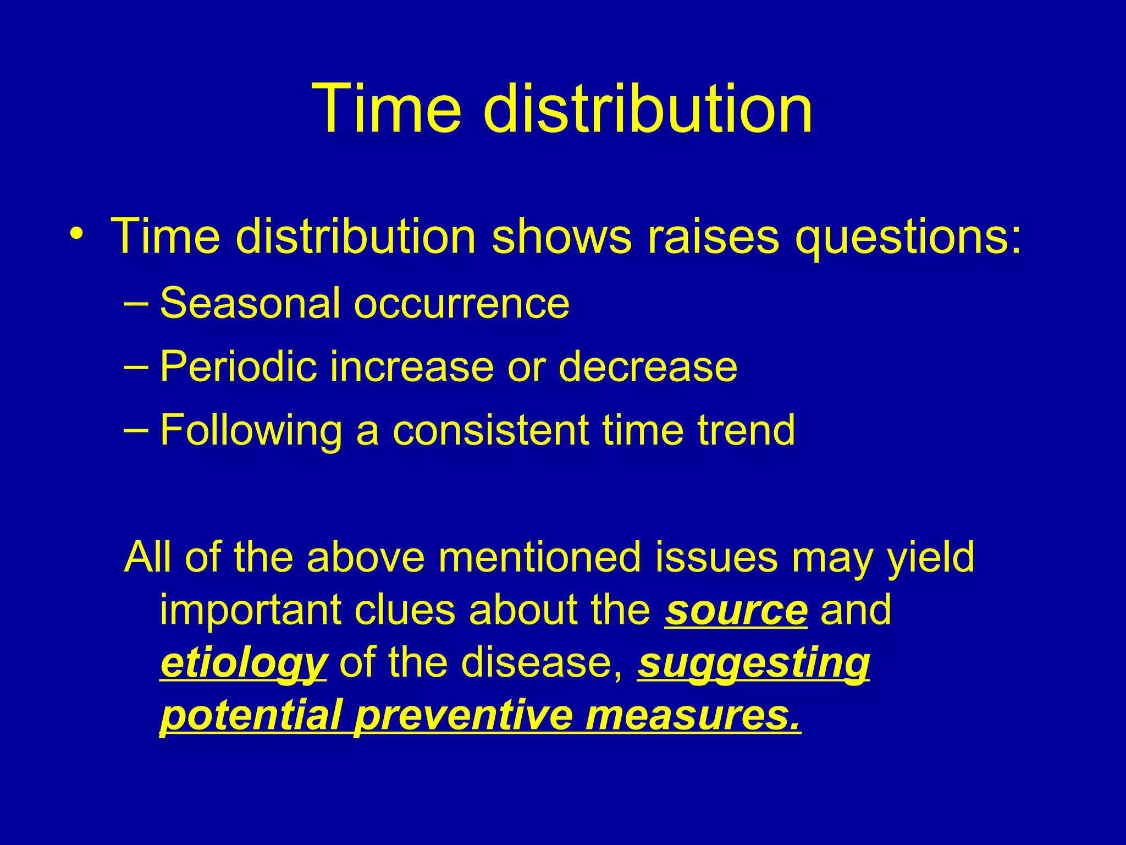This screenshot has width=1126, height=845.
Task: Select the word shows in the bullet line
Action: pos(561,237)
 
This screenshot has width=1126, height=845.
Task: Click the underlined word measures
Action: pos(693,716)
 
